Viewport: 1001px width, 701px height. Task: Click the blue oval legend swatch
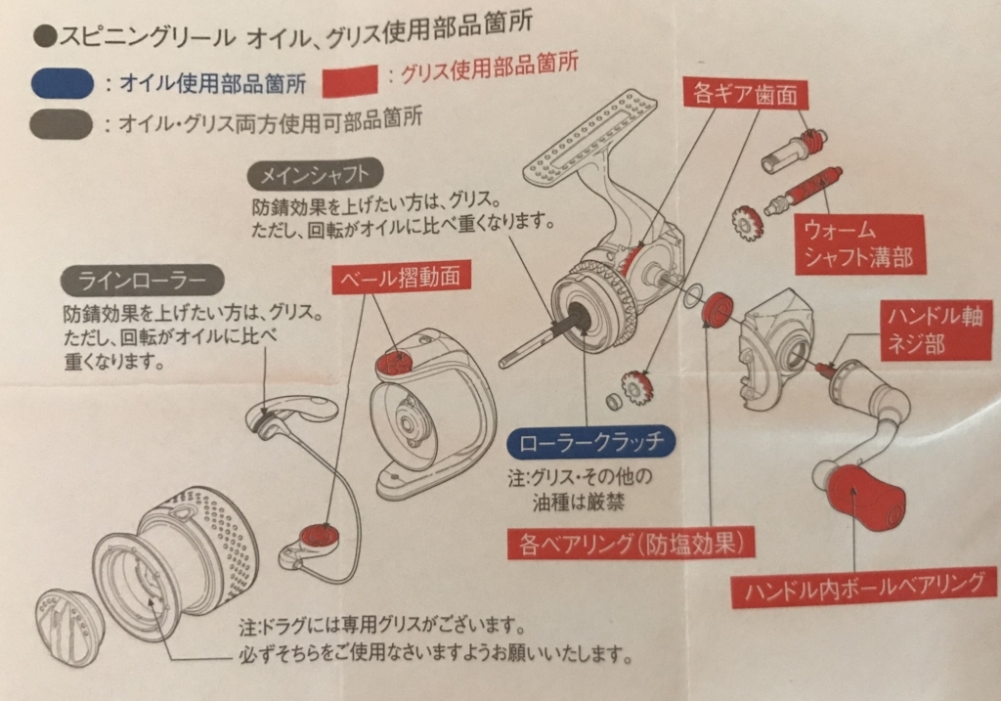63,83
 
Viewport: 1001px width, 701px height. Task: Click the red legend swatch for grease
350,78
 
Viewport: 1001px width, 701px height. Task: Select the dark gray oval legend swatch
63,124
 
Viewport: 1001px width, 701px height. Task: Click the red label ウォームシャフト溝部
857,244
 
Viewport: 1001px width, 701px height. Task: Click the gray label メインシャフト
314,176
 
